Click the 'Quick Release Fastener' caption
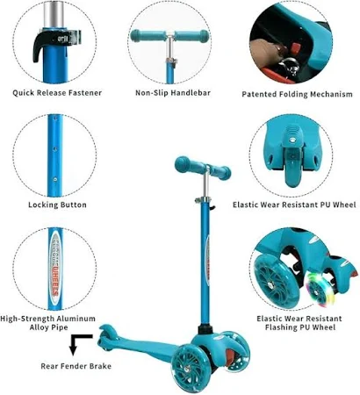click(x=57, y=93)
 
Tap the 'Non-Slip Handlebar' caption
click(x=173, y=93)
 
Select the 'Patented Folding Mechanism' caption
click(x=297, y=94)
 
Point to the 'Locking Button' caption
click(x=57, y=205)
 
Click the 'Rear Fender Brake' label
click(x=76, y=366)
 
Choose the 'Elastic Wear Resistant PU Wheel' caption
click(x=294, y=205)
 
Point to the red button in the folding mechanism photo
click(x=297, y=47)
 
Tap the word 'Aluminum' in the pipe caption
click(x=76, y=319)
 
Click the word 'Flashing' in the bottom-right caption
click(x=282, y=327)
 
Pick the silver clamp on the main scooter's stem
click(x=203, y=200)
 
